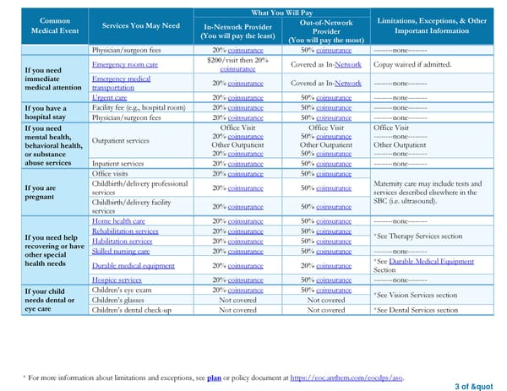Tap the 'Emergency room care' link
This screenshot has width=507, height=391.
[125, 64]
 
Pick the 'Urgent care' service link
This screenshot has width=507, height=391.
[111, 97]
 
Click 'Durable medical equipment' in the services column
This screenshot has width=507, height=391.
[134, 265]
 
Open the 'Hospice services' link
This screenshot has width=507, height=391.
[117, 280]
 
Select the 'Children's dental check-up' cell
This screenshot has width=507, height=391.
[131, 310]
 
